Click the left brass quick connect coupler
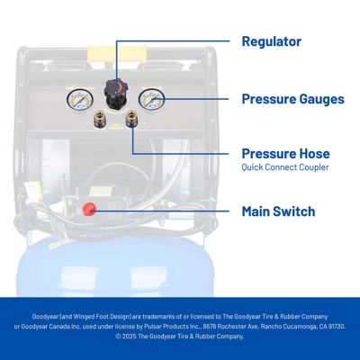98,118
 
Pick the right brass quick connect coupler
131,116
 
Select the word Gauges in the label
319,99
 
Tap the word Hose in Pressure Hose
312,153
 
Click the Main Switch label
278,212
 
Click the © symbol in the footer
118,337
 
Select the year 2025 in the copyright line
131,337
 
